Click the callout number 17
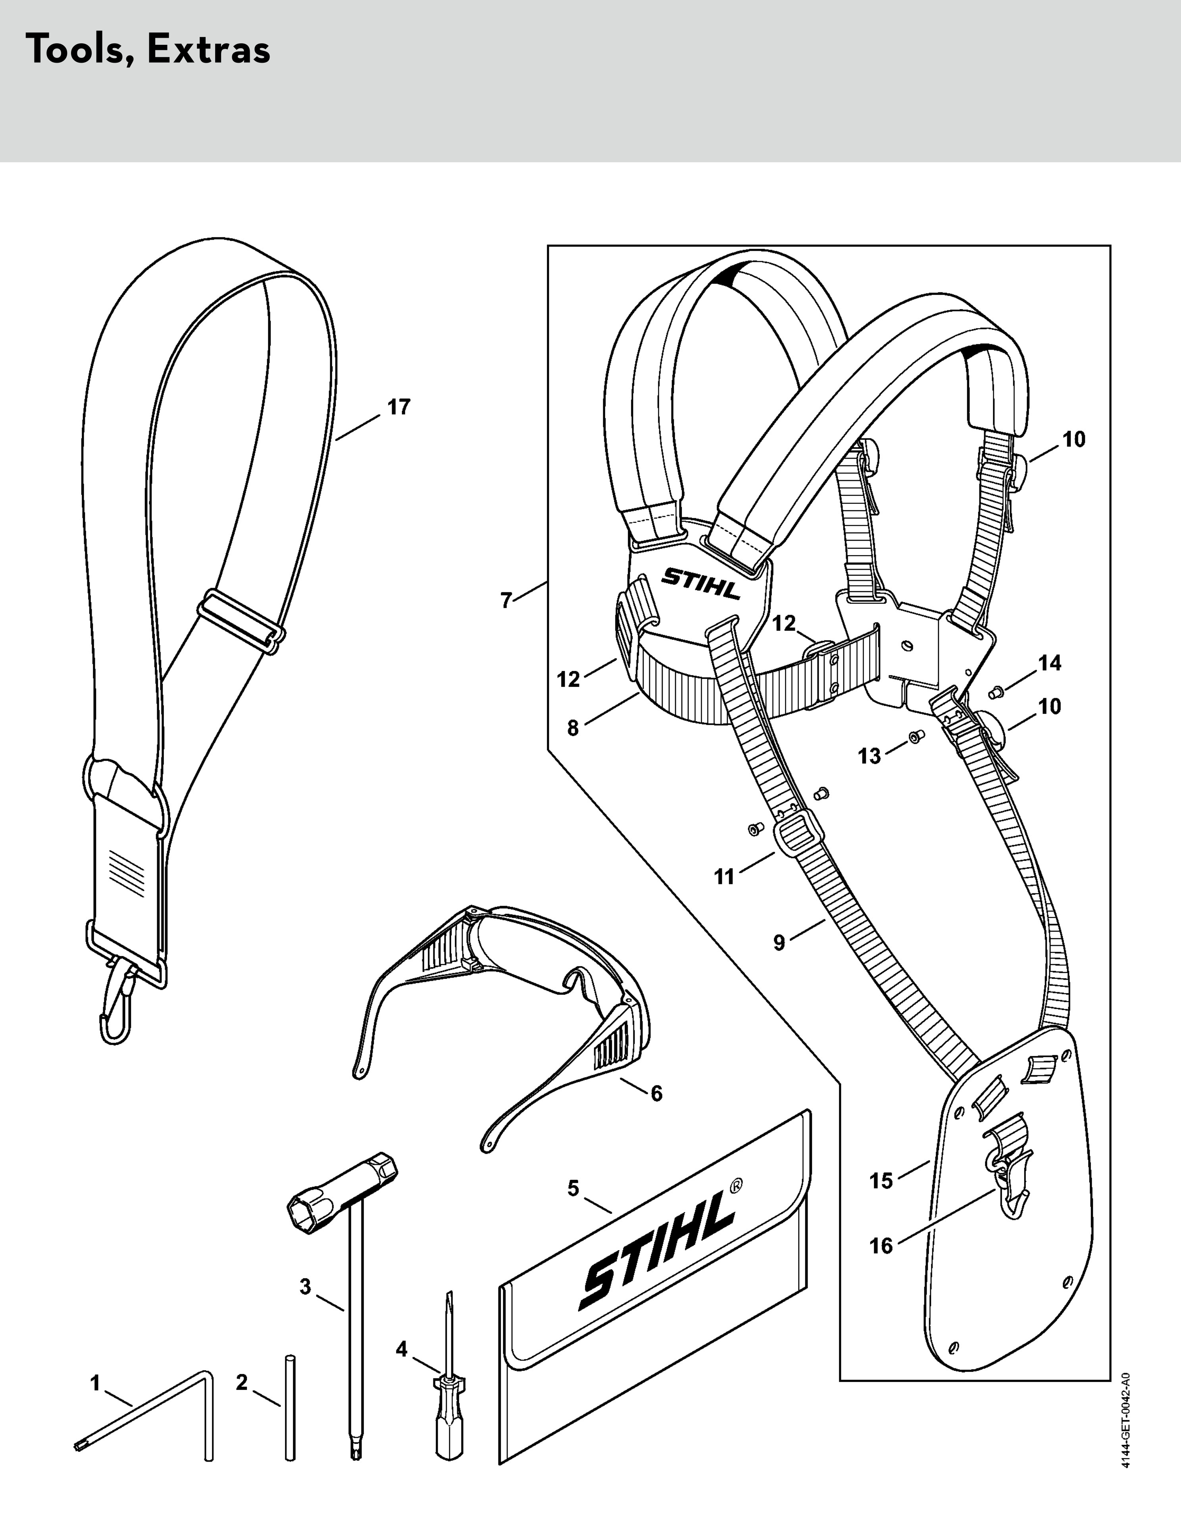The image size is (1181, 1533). click(x=399, y=407)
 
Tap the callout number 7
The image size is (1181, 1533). click(x=506, y=601)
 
